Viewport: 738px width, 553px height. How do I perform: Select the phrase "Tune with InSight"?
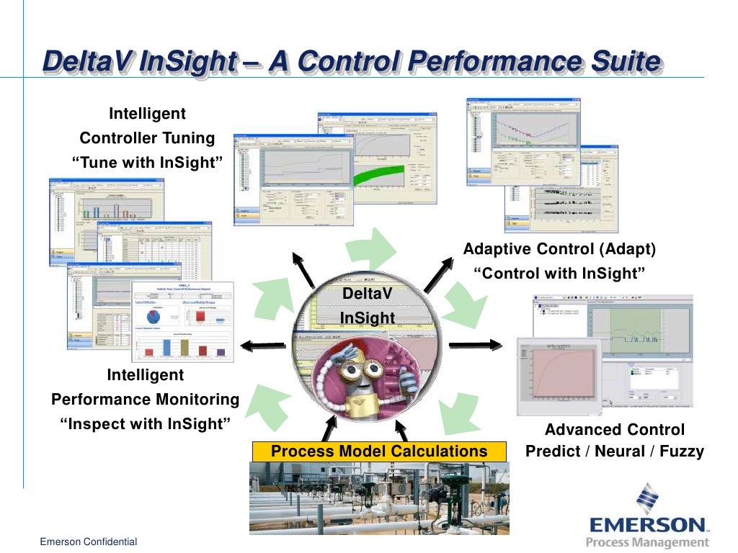point(147,163)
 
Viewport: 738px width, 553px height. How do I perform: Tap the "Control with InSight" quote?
point(559,274)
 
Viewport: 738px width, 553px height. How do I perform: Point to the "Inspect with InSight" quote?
point(145,424)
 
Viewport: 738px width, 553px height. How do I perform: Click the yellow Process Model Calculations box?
point(379,451)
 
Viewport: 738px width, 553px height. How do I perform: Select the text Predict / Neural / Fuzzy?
point(614,452)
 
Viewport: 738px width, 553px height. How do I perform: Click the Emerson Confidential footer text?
point(88,541)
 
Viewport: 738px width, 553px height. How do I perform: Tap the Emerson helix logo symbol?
point(646,498)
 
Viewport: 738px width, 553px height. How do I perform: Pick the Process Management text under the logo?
point(647,542)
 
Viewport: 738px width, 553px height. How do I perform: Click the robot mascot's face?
point(360,372)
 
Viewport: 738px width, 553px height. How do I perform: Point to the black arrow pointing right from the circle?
point(475,344)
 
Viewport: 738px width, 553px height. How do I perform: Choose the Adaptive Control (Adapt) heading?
point(559,249)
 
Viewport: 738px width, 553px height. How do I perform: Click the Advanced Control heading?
point(614,430)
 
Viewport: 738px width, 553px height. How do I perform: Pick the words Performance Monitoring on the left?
point(145,400)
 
